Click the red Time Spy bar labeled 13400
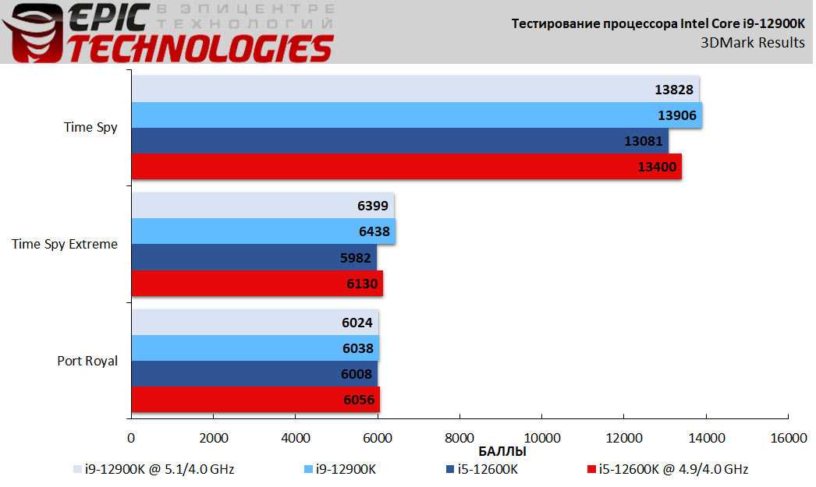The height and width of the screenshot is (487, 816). point(406,167)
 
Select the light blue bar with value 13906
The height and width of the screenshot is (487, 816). point(416,115)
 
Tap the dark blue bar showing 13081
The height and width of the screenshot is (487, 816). point(399,141)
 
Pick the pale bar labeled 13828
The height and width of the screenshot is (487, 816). point(414,90)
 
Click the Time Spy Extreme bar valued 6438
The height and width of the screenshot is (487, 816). point(263,231)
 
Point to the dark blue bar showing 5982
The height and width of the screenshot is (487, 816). point(254,257)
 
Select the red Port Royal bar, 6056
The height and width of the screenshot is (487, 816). point(255,400)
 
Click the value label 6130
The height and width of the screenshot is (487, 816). point(361,284)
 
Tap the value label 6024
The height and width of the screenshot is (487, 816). point(357,323)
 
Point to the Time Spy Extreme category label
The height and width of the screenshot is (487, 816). point(65,244)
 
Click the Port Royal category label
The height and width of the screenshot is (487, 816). point(87,361)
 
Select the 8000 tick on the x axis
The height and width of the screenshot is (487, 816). point(459,438)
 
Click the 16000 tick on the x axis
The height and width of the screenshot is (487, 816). point(789,438)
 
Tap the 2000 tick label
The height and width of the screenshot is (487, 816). point(213,438)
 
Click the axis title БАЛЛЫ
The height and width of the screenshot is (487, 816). point(502,451)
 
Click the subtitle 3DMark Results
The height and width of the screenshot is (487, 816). point(752,42)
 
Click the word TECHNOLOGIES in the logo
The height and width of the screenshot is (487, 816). point(200,48)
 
